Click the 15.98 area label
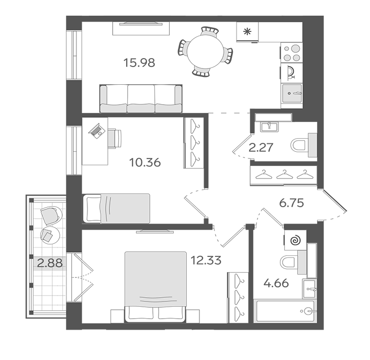[139, 63]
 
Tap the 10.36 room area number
[145, 163]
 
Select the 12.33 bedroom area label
[206, 261]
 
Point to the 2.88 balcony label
[50, 263]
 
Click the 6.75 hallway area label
[291, 203]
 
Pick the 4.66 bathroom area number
[276, 283]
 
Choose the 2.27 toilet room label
[261, 148]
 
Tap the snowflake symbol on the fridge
[248, 31]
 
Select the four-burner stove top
[291, 53]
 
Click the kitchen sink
[292, 93]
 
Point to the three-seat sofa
[141, 98]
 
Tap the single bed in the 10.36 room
[116, 209]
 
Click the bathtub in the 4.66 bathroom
[285, 311]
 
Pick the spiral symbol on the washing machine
[296, 241]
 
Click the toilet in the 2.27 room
[304, 145]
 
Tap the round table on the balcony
[50, 235]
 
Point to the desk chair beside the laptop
[115, 139]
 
